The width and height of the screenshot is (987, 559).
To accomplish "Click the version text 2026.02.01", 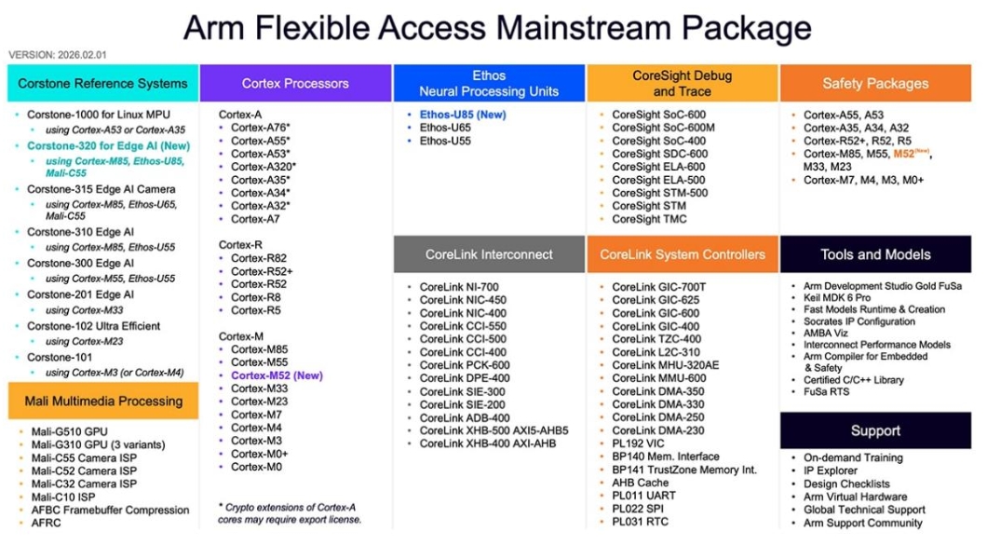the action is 82,55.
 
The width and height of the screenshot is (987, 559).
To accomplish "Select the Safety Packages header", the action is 875,83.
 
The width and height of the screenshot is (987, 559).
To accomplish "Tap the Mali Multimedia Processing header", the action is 103,401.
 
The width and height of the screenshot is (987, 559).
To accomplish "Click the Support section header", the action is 875,430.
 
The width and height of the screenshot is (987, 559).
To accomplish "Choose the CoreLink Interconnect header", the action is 489,254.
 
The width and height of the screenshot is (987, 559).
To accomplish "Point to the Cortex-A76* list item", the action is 260,128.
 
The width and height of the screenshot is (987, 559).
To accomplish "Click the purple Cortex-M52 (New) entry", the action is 277,375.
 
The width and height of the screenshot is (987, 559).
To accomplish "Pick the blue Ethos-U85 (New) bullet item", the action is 463,115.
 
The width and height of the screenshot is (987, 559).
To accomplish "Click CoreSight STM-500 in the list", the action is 659,193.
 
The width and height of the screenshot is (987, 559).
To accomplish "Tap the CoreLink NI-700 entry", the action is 459,287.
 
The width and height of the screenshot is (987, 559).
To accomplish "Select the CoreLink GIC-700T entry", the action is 658,287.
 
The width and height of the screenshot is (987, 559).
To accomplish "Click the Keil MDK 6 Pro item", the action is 836,298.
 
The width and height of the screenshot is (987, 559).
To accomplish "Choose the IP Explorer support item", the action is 830,470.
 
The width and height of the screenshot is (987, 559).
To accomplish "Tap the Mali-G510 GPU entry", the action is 69,431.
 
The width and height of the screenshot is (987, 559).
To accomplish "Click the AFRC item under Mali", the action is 46,523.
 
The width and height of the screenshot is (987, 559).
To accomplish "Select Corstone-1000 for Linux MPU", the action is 98,115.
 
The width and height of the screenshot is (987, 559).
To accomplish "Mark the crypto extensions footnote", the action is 290,513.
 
